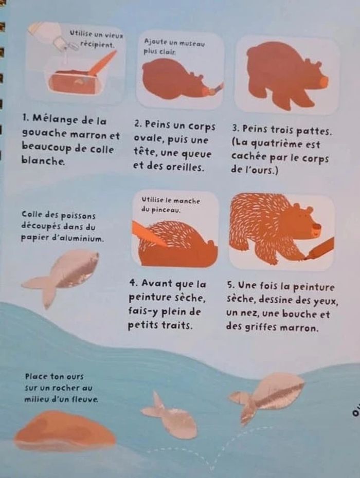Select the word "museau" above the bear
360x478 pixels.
click(192, 43)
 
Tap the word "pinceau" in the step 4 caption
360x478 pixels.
click(166, 210)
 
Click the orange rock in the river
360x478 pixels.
click(65, 430)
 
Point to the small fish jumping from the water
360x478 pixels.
click(170, 416)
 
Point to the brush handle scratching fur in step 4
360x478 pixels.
click(149, 234)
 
